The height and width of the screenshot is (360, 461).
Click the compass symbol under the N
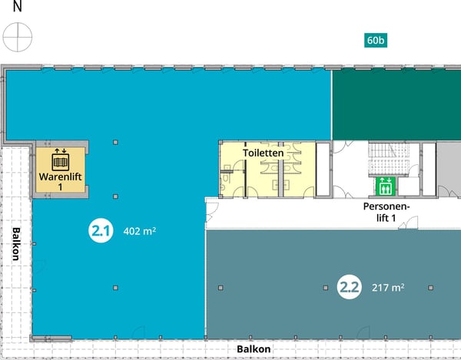click(17, 35)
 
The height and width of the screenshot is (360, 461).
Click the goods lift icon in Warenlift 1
click(61, 161)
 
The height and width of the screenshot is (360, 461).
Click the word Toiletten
click(264, 153)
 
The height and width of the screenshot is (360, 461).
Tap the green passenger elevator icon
click(385, 186)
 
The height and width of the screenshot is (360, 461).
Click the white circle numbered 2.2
click(350, 288)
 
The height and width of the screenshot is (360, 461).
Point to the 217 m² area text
click(387, 288)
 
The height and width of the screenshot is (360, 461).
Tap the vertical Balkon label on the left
click(15, 245)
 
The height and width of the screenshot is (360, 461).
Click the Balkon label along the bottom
click(254, 349)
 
